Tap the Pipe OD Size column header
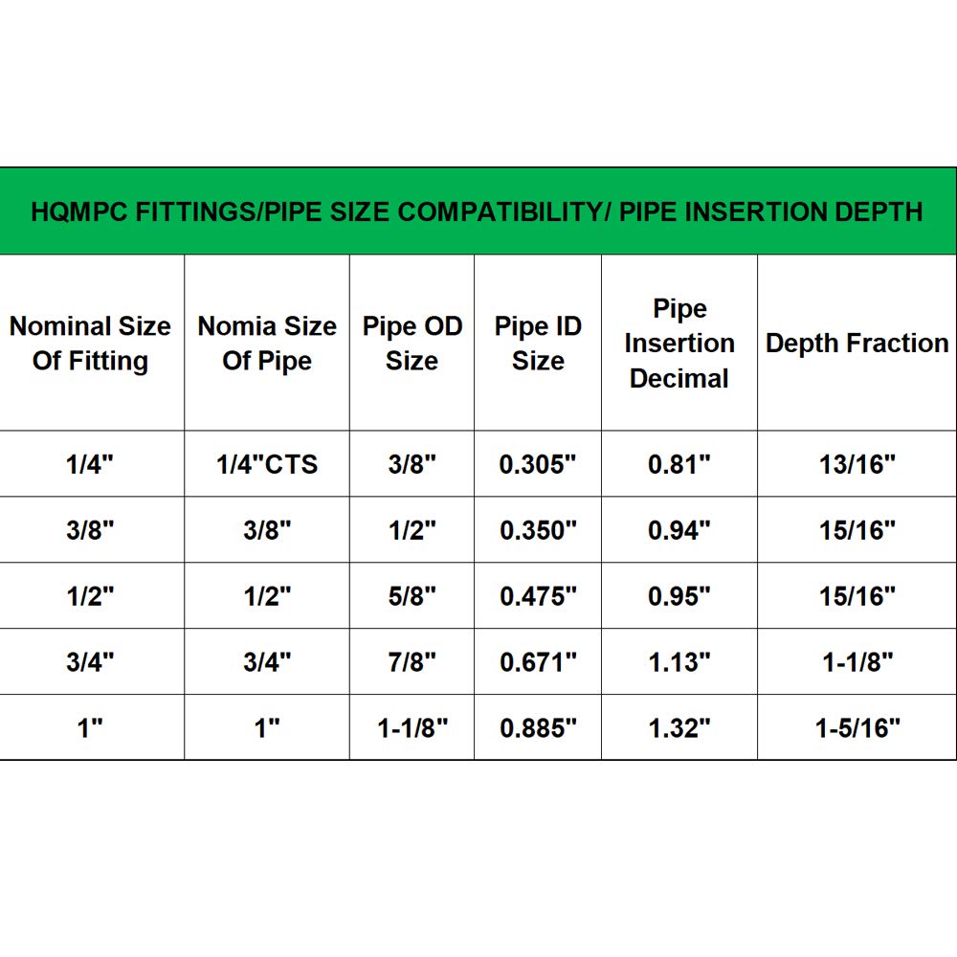click(x=412, y=344)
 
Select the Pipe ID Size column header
click(x=538, y=344)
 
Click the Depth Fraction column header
click(x=857, y=344)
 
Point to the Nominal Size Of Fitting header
click(x=90, y=344)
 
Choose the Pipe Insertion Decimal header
click(x=679, y=344)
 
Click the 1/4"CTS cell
click(x=267, y=464)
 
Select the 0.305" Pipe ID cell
click(x=538, y=464)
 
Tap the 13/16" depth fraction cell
click(x=857, y=464)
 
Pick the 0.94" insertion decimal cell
click(x=679, y=530)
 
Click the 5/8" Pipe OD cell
click(x=412, y=596)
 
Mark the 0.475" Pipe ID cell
click(x=538, y=596)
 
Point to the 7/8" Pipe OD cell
click(x=412, y=662)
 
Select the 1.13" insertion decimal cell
click(x=679, y=662)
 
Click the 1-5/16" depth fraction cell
click(x=857, y=728)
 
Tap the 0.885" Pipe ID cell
click(x=538, y=728)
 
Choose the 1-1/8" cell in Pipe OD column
click(x=412, y=728)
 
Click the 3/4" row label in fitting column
click(x=90, y=662)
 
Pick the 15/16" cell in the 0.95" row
click(x=857, y=596)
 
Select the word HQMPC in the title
click(x=76, y=211)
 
